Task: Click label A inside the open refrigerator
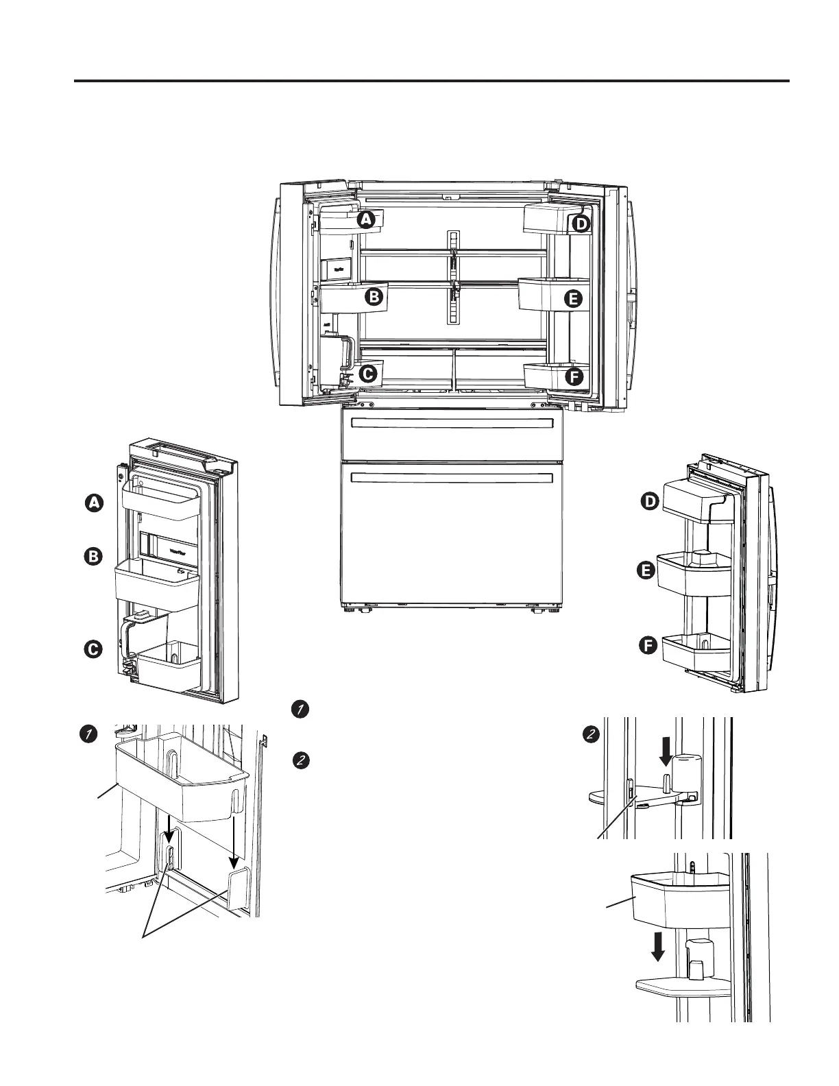click(x=367, y=219)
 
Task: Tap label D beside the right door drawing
click(x=649, y=503)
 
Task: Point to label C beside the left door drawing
click(x=93, y=649)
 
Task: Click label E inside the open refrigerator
click(x=573, y=299)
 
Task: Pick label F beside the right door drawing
click(x=648, y=645)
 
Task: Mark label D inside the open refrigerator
click(x=581, y=224)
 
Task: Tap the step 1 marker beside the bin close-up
click(x=87, y=734)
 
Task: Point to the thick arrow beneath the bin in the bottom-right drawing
click(x=657, y=947)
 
